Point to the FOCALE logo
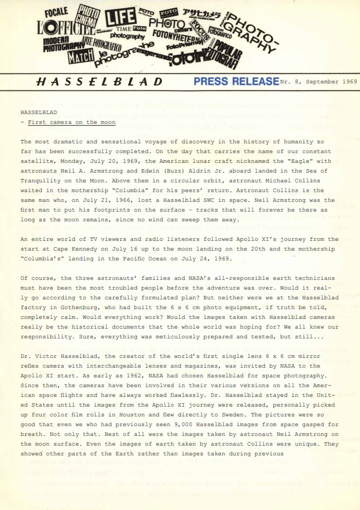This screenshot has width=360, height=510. point(57,11)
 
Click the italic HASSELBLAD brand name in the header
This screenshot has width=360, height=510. point(100,81)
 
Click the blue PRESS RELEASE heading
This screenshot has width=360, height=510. point(236,81)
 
